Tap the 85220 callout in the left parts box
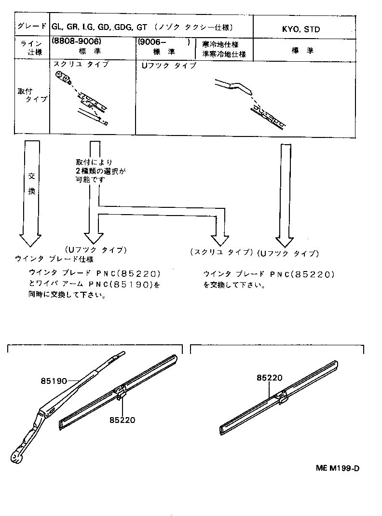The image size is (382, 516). [123, 420]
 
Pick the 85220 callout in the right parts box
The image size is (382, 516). [269, 378]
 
